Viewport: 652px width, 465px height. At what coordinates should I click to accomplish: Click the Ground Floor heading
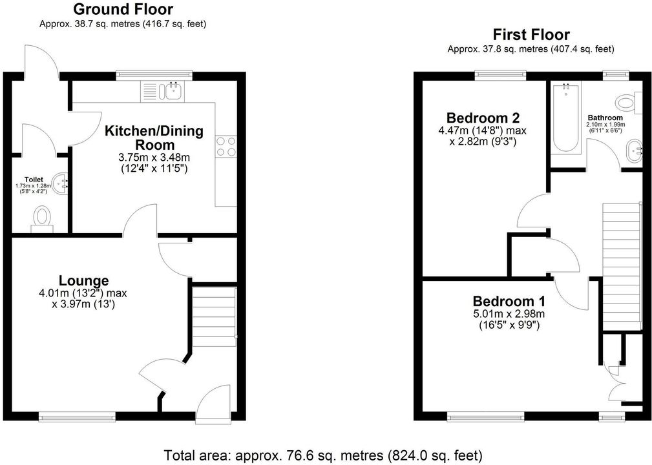[123, 9]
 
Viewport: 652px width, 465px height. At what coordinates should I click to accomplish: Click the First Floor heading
[531, 34]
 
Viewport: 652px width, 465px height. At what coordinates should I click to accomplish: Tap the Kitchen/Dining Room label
[154, 138]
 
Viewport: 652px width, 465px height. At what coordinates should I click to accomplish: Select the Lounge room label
[83, 280]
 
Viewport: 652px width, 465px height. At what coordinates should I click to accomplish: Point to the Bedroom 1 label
[509, 301]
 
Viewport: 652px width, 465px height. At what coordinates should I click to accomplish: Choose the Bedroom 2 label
[483, 118]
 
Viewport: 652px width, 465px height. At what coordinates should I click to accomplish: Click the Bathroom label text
[605, 118]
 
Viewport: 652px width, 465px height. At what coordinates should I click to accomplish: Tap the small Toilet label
[34, 180]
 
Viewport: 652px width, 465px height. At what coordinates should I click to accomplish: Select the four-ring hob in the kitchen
[226, 147]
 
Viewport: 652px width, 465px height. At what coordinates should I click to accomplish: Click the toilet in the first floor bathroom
[629, 103]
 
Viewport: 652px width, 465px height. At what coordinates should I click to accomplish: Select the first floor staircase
[620, 266]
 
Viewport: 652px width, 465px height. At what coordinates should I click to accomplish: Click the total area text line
[323, 455]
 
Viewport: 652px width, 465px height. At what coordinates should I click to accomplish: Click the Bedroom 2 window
[501, 75]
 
